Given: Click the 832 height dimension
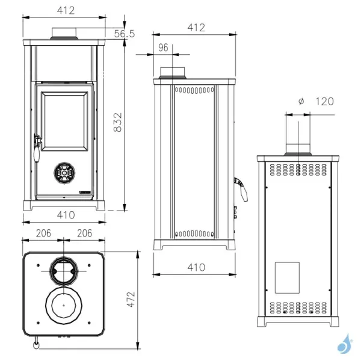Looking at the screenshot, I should click(x=119, y=123).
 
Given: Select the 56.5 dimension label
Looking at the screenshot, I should click(x=123, y=34).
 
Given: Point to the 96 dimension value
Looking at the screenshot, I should click(x=162, y=48).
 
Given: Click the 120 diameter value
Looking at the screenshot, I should click(x=324, y=101).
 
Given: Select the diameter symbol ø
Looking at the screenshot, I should click(x=301, y=101).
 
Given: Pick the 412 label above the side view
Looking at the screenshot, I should click(x=196, y=27).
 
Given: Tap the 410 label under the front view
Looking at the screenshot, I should click(x=66, y=215).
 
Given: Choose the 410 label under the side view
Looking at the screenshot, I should click(x=196, y=267).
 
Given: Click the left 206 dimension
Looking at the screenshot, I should click(x=43, y=233).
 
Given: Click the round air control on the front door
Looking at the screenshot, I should click(x=64, y=173).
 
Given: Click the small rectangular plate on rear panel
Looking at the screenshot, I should click(x=287, y=275).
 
